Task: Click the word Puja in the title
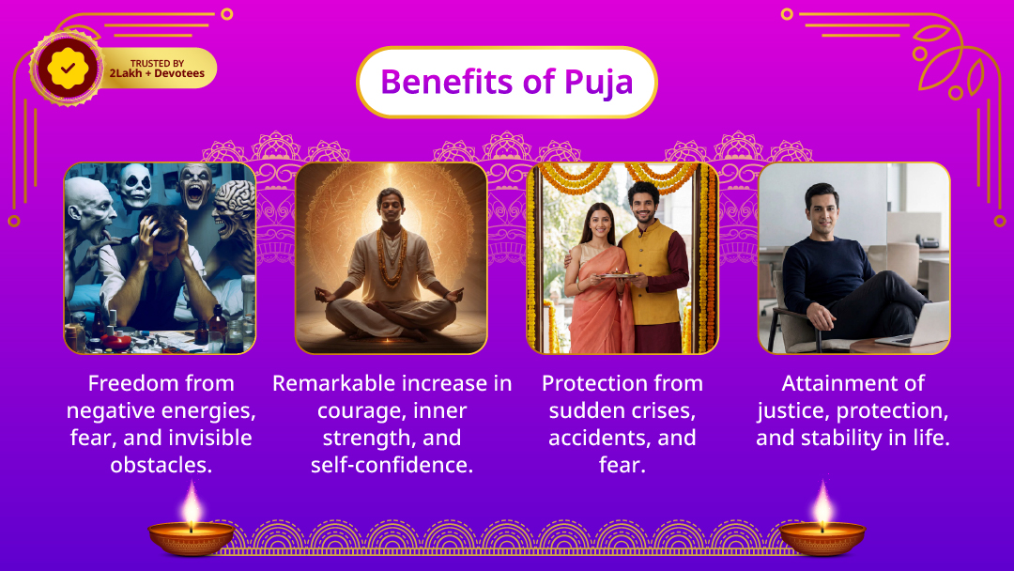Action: coord(598,83)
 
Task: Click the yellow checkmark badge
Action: coord(68,68)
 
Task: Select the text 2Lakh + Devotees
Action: coord(157,73)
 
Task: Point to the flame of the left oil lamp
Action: coord(192,503)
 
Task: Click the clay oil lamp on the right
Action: coord(822,538)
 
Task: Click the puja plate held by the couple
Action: coord(619,276)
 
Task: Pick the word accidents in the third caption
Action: coord(599,438)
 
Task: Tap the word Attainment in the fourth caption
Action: coord(853,383)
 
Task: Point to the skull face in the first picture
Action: coord(137,185)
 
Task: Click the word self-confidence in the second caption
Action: coord(392,465)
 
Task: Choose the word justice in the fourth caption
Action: coord(792,411)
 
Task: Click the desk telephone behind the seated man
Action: coord(927,241)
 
